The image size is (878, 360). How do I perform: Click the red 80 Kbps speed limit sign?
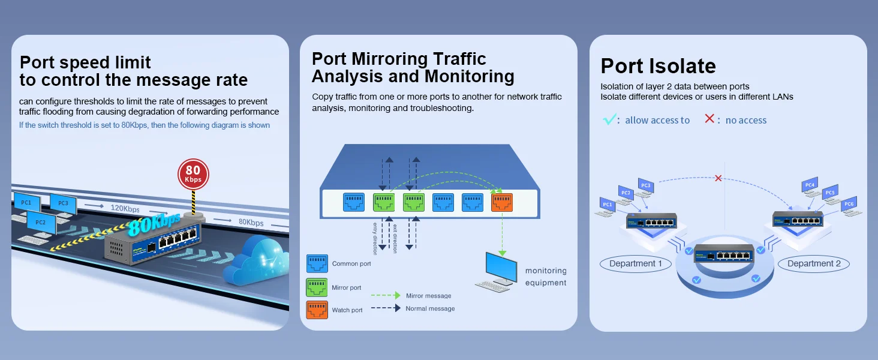pyautogui.click(x=193, y=175)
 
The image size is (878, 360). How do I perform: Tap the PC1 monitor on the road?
pyautogui.click(x=26, y=202)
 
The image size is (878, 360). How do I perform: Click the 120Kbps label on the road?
pyautogui.click(x=125, y=208)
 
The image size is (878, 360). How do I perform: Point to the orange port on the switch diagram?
pyautogui.click(x=502, y=202)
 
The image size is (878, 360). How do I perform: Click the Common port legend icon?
pyautogui.click(x=317, y=263)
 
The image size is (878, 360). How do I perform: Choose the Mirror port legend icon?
pyautogui.click(x=317, y=287)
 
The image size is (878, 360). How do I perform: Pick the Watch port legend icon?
pyautogui.click(x=317, y=310)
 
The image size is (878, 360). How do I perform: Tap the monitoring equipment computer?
pyautogui.click(x=497, y=272)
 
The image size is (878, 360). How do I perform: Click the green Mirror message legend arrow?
pyautogui.click(x=386, y=295)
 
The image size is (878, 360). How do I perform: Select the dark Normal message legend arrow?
pyautogui.click(x=386, y=308)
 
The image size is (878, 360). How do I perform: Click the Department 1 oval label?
pyautogui.click(x=635, y=263)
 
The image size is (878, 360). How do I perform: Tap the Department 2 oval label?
pyautogui.click(x=814, y=263)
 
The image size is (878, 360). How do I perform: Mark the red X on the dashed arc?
pyautogui.click(x=718, y=178)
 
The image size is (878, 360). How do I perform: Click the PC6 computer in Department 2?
pyautogui.click(x=850, y=206)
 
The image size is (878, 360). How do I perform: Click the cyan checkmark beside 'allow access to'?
pyautogui.click(x=609, y=119)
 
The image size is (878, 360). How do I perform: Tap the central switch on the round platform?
pyautogui.click(x=724, y=253)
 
